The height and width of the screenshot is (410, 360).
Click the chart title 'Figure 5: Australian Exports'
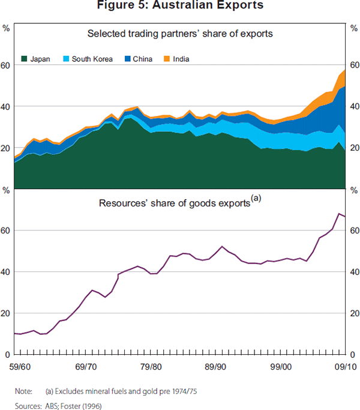(x=180, y=6)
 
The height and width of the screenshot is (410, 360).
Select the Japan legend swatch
(x=25, y=59)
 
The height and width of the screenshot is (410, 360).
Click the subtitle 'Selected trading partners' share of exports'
(x=180, y=34)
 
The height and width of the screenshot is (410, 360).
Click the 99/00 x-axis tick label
(x=281, y=366)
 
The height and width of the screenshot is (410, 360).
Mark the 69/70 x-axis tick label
(x=87, y=366)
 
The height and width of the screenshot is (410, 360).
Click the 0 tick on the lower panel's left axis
(x=7, y=354)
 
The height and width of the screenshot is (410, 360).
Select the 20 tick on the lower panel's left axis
(x=6, y=313)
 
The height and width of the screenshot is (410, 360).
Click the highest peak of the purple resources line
(x=340, y=213)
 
